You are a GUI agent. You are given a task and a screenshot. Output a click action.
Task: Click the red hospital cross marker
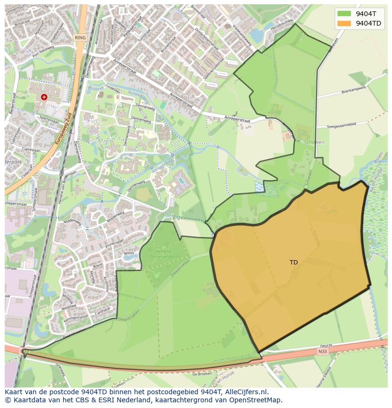pos(44,97)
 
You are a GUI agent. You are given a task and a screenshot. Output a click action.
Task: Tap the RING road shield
pos(80,37)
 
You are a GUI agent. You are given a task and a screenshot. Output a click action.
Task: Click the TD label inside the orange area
pos(294,262)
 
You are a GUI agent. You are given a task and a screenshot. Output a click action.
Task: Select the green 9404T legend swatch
pos(344,14)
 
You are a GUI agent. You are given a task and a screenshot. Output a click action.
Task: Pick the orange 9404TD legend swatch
pos(344,23)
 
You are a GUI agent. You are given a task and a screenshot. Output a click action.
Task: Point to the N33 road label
pos(323,351)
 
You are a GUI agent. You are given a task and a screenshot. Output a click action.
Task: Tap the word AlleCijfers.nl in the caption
pos(246,392)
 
